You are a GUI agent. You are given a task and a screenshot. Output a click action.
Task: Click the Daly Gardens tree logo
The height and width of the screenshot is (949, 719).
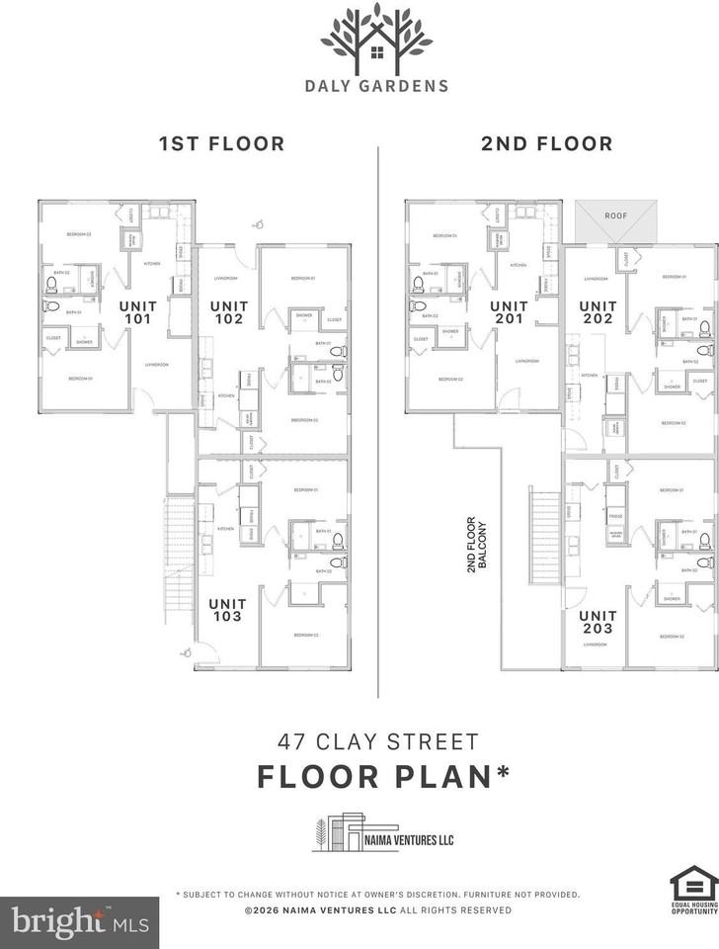376,38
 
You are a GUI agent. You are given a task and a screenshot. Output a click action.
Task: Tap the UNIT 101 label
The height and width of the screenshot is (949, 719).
138,312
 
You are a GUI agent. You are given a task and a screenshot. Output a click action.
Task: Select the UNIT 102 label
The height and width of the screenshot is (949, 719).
229,312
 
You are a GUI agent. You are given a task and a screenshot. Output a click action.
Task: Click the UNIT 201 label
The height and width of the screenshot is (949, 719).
509,312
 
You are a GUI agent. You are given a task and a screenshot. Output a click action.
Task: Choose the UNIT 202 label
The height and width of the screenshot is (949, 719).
598,312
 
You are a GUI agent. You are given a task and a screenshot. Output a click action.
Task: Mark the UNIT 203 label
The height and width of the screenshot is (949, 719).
598,621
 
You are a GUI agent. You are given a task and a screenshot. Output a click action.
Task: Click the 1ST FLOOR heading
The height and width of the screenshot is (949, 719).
221,143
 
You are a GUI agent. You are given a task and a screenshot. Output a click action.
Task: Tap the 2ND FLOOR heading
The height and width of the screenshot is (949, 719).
546,143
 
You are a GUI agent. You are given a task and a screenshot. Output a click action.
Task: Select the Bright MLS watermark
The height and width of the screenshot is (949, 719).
79,921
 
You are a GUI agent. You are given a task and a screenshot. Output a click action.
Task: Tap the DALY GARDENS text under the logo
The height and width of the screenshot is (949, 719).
376,86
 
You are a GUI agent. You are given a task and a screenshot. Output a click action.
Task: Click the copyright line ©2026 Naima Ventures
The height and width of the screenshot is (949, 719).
377,909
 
